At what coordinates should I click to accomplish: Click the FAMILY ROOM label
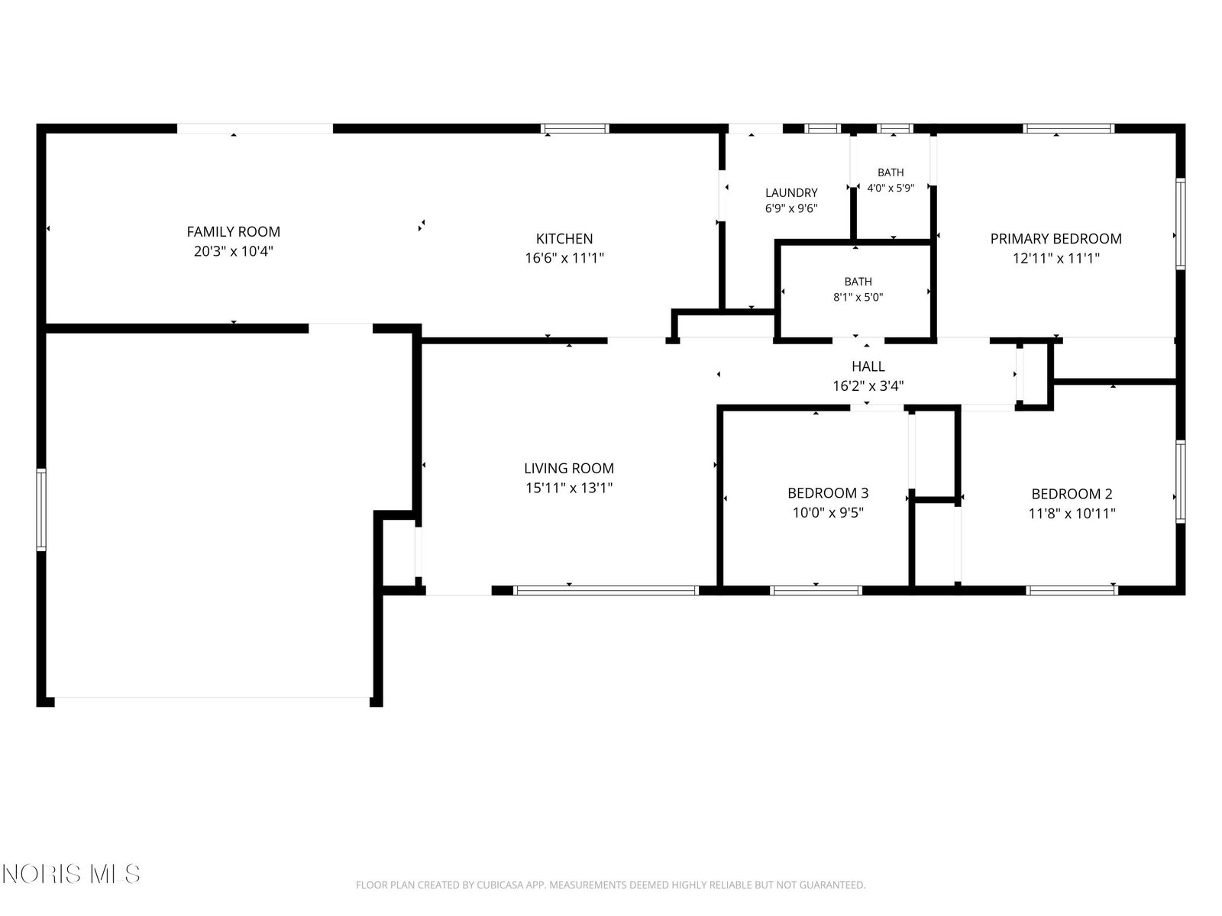tap(233, 231)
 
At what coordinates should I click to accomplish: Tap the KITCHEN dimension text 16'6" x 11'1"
tap(564, 258)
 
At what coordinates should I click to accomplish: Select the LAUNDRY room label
tap(791, 192)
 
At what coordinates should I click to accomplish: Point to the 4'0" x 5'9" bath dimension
tap(891, 188)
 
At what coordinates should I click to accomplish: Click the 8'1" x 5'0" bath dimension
tap(858, 297)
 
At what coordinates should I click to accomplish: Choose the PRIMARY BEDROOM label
tap(1056, 239)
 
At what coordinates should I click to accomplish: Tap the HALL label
tap(868, 366)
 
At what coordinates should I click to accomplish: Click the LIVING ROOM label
tap(568, 468)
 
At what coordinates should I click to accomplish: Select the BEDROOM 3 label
tap(828, 493)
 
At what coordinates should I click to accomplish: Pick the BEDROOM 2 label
tap(1072, 494)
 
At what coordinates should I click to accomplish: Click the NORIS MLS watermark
tap(71, 874)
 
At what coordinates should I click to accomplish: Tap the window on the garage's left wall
tap(41, 509)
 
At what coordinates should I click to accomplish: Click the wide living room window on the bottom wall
tap(606, 591)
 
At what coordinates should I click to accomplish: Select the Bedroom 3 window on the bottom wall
tap(816, 591)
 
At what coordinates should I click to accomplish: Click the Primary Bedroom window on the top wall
tap(1068, 128)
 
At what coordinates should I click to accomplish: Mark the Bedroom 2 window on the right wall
tap(1180, 482)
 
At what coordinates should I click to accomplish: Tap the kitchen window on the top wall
tap(575, 128)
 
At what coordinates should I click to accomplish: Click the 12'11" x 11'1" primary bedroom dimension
tap(1056, 258)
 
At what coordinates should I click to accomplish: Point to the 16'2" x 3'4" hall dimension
tap(868, 386)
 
